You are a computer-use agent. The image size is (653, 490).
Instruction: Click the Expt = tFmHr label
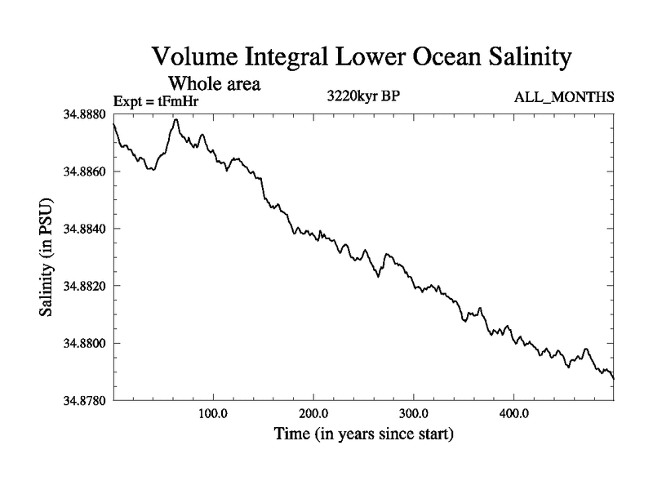156,102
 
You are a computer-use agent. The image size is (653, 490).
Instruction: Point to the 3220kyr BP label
363,95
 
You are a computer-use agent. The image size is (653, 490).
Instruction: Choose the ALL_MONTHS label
563,98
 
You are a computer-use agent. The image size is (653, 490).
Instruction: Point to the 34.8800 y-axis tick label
86,343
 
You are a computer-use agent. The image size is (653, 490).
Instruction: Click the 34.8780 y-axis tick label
86,400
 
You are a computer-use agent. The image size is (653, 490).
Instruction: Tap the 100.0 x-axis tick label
213,412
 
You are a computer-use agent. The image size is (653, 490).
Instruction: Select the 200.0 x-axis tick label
313,412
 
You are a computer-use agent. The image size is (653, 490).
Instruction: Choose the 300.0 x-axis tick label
414,412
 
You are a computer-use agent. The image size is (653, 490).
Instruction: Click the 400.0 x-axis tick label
514,412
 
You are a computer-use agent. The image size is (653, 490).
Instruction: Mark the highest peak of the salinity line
175,119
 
